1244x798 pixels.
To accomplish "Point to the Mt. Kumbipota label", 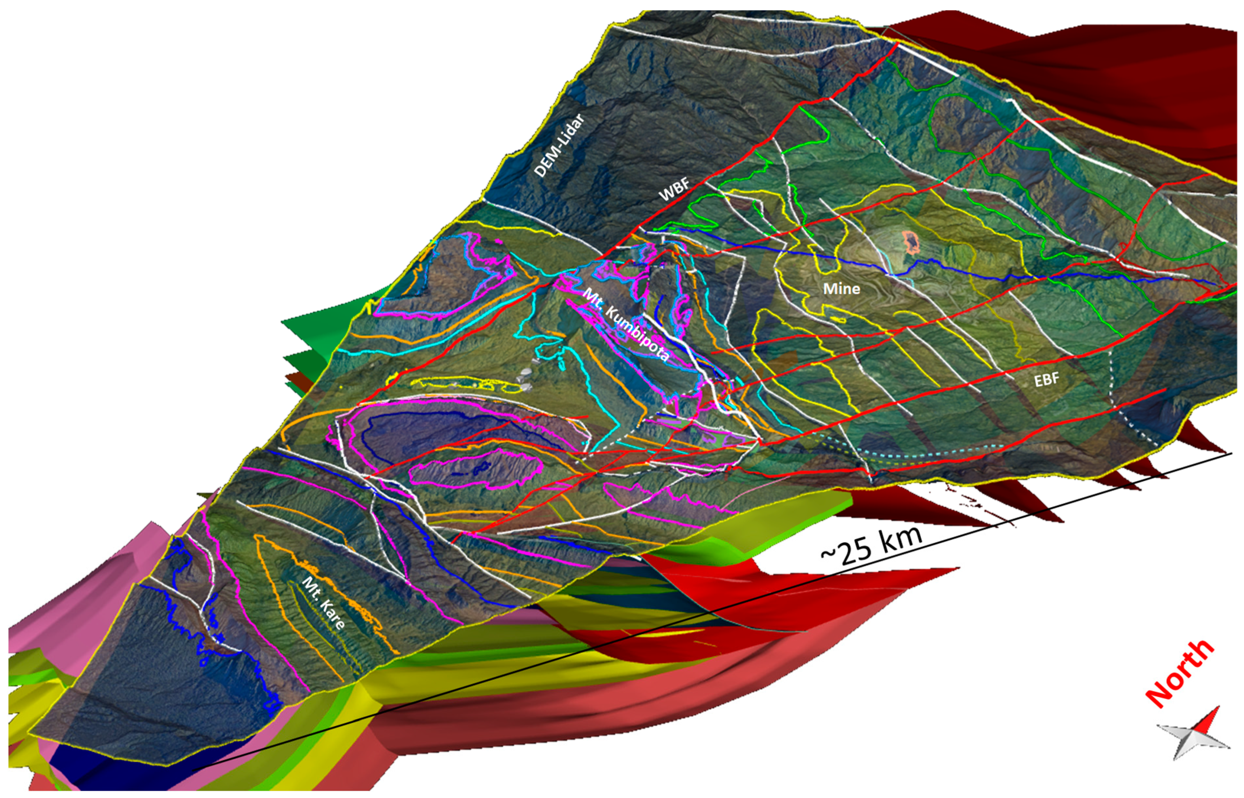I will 626,325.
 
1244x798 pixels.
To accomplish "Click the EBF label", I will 1046,380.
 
